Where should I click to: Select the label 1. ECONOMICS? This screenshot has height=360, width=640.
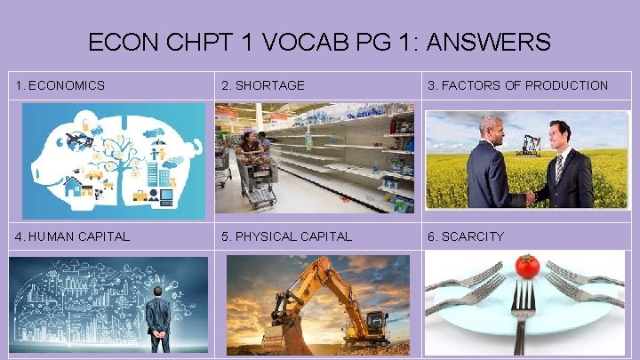coord(60,86)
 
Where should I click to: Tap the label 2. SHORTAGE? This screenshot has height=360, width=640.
coord(263,86)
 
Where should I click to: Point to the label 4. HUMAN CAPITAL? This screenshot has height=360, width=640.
coord(73,236)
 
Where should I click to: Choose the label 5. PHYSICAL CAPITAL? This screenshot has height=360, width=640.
coord(286,236)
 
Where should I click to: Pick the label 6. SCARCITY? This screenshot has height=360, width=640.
coord(466,236)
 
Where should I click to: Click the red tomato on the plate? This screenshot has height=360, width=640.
coord(527,266)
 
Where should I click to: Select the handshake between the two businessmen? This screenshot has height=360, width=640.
coord(531,197)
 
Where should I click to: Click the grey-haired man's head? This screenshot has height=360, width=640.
coord(492,128)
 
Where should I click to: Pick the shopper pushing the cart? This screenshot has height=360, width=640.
coord(250,147)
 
